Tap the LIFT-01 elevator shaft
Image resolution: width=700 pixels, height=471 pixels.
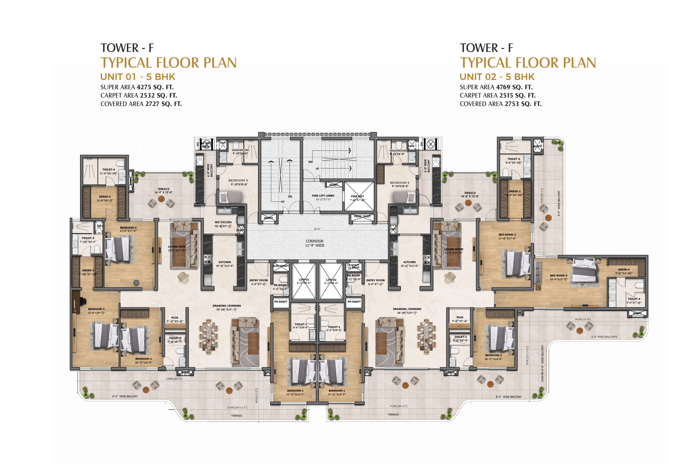pyautogui.click(x=304, y=281)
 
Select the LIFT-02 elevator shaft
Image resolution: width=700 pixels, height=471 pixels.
pyautogui.click(x=331, y=281)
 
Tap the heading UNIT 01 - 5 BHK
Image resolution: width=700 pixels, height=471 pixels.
pyautogui.click(x=138, y=77)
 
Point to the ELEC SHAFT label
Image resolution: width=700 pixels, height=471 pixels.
pyautogui.click(x=281, y=266)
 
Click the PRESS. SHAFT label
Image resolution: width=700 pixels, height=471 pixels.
pyautogui.click(x=362, y=216)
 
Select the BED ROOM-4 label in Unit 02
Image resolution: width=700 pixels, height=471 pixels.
pyautogui.click(x=558, y=275)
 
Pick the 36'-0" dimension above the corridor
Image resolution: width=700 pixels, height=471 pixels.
pyautogui.click(x=317, y=229)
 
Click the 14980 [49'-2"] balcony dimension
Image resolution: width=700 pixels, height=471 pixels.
pyautogui.click(x=174, y=379)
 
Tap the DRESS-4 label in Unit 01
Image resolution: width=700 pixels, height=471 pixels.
pyautogui.click(x=105, y=197)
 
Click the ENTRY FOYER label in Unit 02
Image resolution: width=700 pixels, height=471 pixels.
pyautogui.click(x=375, y=280)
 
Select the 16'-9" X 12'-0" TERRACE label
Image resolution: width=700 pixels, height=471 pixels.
pyautogui.click(x=163, y=191)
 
